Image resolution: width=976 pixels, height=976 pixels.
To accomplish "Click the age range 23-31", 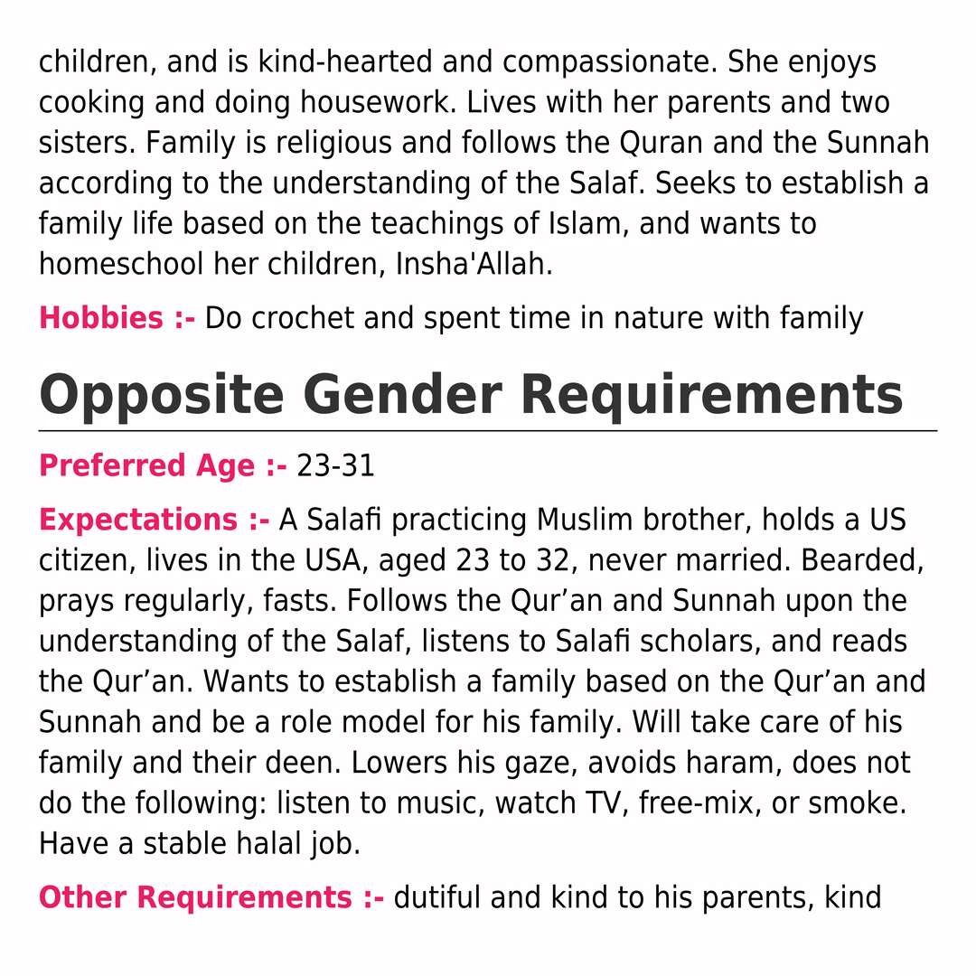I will pos(335,466).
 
